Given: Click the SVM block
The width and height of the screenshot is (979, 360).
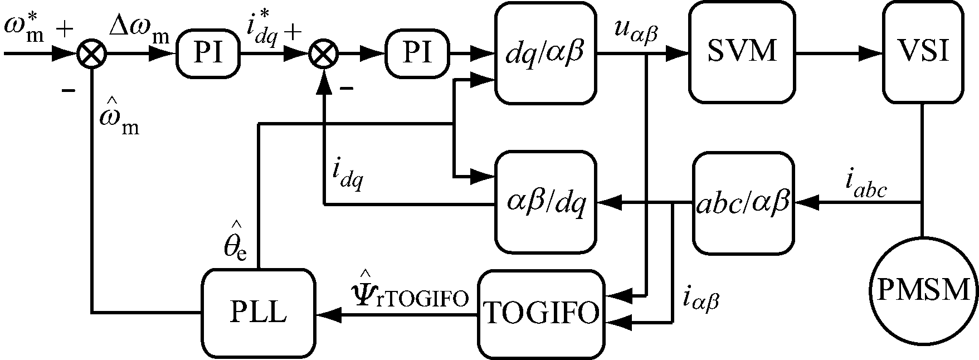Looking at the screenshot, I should point(742,52).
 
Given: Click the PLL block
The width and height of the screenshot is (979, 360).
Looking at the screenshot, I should point(258,313).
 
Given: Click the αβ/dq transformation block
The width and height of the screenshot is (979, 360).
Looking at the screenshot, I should point(546,203).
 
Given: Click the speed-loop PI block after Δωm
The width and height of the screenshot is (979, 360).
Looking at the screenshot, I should point(208,53).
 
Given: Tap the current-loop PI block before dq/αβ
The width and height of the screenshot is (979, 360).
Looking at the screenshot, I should point(417,53).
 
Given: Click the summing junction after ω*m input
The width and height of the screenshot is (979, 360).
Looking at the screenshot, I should point(89,54).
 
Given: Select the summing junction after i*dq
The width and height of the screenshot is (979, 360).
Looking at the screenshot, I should point(323,54).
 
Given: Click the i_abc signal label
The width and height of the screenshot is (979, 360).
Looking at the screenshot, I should point(866,187).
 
